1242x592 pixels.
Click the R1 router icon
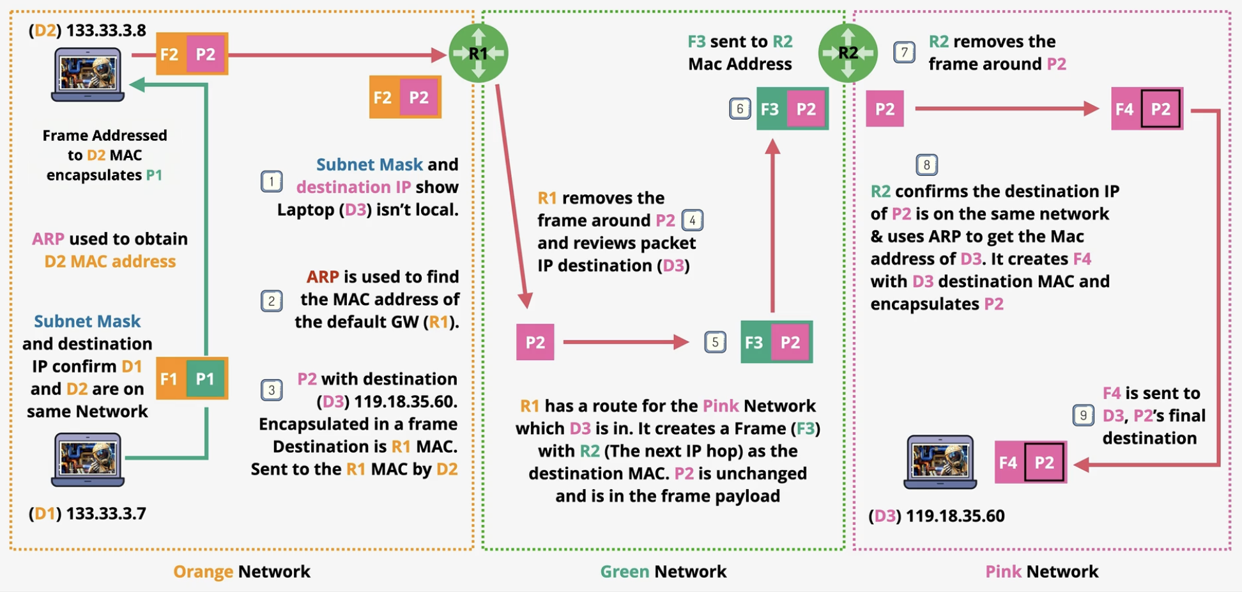click(x=479, y=53)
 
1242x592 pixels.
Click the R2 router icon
click(x=848, y=53)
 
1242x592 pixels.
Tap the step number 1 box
click(x=272, y=182)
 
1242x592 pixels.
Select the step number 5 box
click(x=715, y=342)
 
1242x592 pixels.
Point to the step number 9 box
click(x=1083, y=416)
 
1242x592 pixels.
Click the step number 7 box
click(x=904, y=52)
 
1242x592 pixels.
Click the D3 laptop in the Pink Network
click(x=940, y=462)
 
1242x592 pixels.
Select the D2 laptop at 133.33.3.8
click(x=88, y=75)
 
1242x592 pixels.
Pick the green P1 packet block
click(x=205, y=378)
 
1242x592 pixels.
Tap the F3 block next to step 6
click(x=771, y=109)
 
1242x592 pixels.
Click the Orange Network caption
click(x=241, y=572)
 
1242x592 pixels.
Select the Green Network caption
click(x=663, y=572)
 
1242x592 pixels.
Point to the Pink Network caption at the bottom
click(x=1041, y=572)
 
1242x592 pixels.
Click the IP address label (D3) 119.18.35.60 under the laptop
click(x=937, y=516)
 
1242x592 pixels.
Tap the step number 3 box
click(x=272, y=390)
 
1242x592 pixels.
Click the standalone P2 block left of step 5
click(x=535, y=342)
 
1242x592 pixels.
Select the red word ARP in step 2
click(x=323, y=277)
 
